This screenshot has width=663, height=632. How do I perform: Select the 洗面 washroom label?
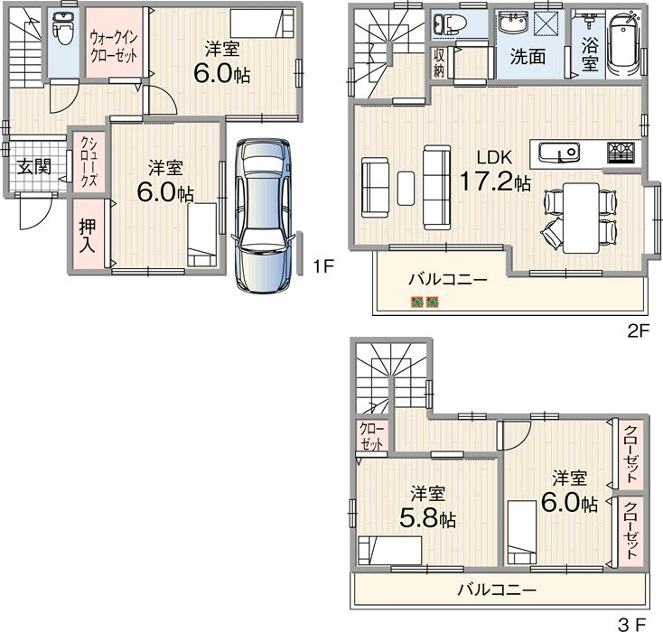coord(528,56)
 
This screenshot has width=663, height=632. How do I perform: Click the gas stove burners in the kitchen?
coord(621,153)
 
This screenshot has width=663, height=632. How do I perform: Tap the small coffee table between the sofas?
coord(406,188)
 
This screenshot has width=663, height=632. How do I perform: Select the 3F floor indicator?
coord(632,623)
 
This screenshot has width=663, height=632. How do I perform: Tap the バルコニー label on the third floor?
coord(496,591)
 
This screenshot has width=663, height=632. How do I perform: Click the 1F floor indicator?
coord(323,266)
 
